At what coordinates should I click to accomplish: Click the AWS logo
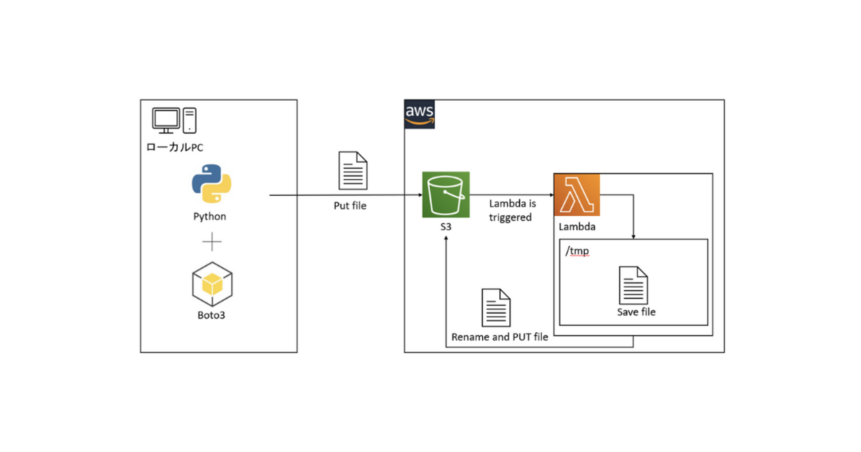(x=419, y=114)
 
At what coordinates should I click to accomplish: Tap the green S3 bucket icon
(x=446, y=195)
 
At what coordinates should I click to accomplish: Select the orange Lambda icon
(x=577, y=195)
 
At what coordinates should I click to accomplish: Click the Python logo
(x=211, y=183)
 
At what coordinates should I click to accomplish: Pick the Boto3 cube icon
(x=211, y=284)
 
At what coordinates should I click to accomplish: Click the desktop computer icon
(x=174, y=120)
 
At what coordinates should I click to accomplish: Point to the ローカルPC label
(x=175, y=147)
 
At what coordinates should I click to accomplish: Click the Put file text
(x=350, y=206)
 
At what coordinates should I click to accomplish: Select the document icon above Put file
(x=352, y=171)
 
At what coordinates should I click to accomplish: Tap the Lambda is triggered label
(x=512, y=210)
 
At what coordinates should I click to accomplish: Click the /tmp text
(x=577, y=251)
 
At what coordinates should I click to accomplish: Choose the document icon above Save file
(x=633, y=285)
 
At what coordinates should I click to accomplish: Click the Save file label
(x=636, y=312)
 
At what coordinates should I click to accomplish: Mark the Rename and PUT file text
(x=499, y=337)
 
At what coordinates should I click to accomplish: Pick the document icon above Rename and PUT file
(x=496, y=308)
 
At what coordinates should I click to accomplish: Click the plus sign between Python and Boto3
(x=211, y=242)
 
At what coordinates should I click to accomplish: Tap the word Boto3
(x=211, y=315)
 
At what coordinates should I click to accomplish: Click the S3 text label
(x=446, y=227)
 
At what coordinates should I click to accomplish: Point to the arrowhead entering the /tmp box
(x=634, y=236)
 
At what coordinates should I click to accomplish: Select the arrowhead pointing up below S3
(x=446, y=238)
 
